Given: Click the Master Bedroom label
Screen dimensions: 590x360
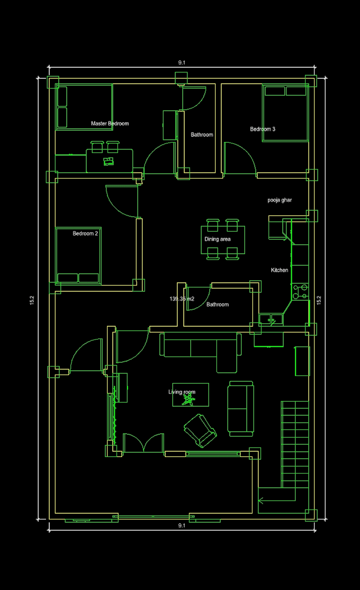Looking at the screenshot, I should tap(110, 123).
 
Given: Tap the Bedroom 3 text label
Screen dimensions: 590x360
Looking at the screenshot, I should tap(263, 129).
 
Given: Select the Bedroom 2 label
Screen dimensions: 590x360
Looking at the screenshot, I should tap(85, 234).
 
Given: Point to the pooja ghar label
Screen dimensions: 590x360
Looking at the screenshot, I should tap(280, 200).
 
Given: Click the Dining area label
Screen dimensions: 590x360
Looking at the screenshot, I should tap(218, 239).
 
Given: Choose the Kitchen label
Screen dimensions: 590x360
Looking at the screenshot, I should tap(280, 271).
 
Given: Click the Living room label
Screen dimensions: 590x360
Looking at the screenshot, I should tap(182, 392).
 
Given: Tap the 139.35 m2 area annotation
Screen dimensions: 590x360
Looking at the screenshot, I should tap(182, 299).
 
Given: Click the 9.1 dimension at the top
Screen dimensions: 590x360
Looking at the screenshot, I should tap(182, 62).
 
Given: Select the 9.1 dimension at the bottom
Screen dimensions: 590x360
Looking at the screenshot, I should tap(182, 525).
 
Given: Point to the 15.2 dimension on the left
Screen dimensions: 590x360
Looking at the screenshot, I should tap(32, 300).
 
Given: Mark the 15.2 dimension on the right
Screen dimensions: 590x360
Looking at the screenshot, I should tap(319, 300).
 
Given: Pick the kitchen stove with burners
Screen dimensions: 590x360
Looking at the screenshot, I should tap(300, 292).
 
